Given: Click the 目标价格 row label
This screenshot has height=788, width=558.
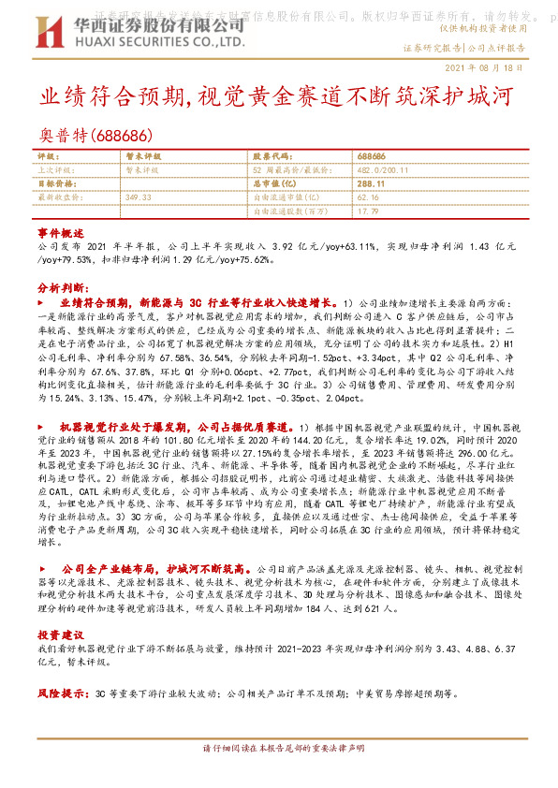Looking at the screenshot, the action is click(56, 184).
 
